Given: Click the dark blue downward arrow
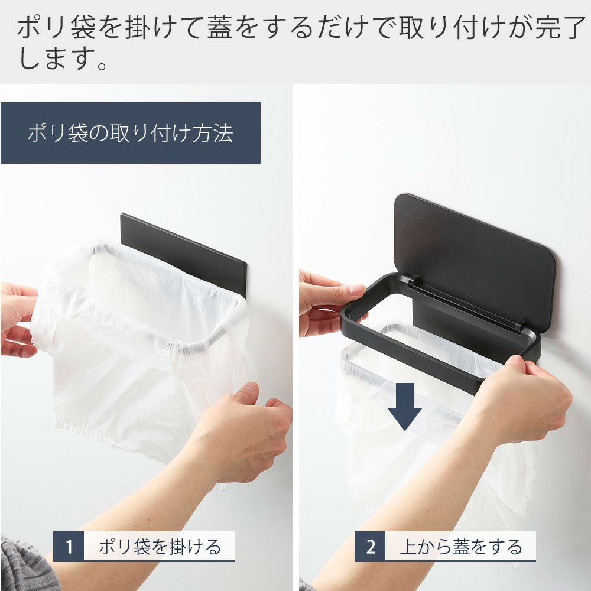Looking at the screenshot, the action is click(405, 407).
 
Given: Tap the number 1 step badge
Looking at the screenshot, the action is click(69, 546).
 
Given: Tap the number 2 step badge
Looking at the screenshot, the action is click(370, 546).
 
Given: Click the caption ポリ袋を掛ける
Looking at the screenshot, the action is click(160, 547).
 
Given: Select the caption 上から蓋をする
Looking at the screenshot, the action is click(461, 547).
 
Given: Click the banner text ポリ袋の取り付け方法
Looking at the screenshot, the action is click(131, 133).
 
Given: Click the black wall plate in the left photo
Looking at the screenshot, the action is click(183, 249).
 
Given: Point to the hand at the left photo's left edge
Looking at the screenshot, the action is click(17, 320).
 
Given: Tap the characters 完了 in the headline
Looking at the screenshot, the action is click(560, 27).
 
